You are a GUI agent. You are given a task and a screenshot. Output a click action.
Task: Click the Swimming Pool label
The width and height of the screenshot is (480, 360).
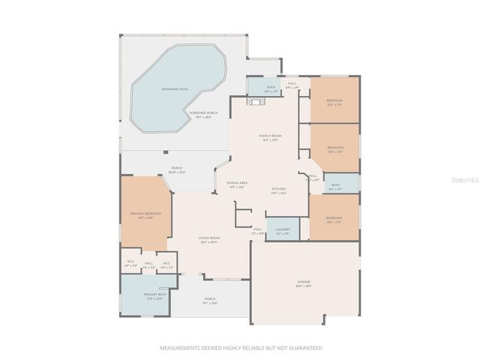click(x=175, y=88)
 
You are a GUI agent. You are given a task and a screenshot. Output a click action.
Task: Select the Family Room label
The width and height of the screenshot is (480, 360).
click(x=270, y=137)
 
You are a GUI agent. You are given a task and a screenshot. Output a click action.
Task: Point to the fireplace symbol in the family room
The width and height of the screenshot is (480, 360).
click(x=254, y=103)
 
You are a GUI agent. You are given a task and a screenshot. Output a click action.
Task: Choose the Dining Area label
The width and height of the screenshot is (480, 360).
click(x=237, y=184)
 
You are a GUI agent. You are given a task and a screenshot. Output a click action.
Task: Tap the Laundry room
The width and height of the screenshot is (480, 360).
click(x=283, y=229)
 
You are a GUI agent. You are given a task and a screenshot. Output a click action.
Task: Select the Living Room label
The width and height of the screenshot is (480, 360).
click(x=208, y=239)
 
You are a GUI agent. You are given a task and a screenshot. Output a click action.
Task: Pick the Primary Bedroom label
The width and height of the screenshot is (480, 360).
click(x=145, y=214)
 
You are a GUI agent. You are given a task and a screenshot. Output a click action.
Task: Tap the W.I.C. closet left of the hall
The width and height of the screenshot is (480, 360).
click(x=130, y=263)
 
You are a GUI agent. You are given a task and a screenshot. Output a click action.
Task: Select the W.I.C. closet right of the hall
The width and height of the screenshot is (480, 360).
click(x=167, y=263)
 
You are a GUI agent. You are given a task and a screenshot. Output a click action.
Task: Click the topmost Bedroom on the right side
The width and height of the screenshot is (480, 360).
click(x=334, y=101)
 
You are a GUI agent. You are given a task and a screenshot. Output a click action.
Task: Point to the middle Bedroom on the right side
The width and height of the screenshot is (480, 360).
click(x=334, y=148)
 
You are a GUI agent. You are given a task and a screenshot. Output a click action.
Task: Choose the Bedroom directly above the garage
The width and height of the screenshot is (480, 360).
click(x=334, y=219)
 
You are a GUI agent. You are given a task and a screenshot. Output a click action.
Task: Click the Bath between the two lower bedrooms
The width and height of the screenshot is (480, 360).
click(x=335, y=186)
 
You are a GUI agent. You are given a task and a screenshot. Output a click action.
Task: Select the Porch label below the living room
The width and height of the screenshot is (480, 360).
click(x=210, y=300)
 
